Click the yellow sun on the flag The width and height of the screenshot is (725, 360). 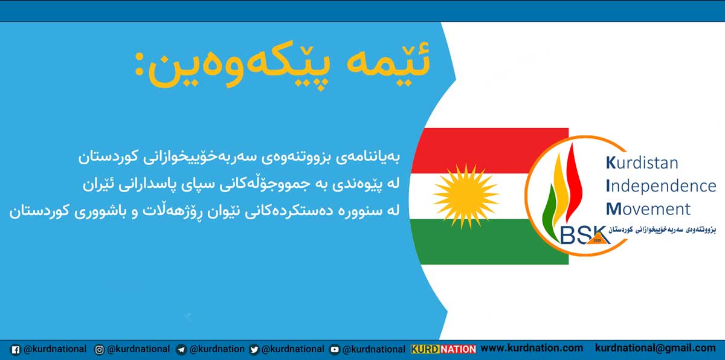coord(465,196)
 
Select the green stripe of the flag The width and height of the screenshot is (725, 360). coord(486,242)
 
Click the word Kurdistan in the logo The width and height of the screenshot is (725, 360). coord(642,162)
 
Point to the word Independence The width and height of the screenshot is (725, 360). coord(660,185)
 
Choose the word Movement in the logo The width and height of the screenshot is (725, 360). coord(648,209)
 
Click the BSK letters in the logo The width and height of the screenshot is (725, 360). coord(585,235)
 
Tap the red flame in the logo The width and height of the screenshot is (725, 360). coord(574,183)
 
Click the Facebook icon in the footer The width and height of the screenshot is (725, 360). coord(15,350)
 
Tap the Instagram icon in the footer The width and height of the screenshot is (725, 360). coord(99,350)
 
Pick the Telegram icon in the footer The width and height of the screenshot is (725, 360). coord(181,350)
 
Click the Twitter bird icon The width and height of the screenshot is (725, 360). coord(254,350)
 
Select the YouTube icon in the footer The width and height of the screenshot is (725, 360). coord(334,350)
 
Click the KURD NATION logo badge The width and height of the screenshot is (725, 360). coord(443,349)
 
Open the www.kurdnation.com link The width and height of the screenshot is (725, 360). coord(532,349)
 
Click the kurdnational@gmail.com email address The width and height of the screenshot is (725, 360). coord(656,349)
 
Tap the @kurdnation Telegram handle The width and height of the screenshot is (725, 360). coord(217,349)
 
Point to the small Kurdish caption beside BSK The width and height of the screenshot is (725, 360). coord(662,230)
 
